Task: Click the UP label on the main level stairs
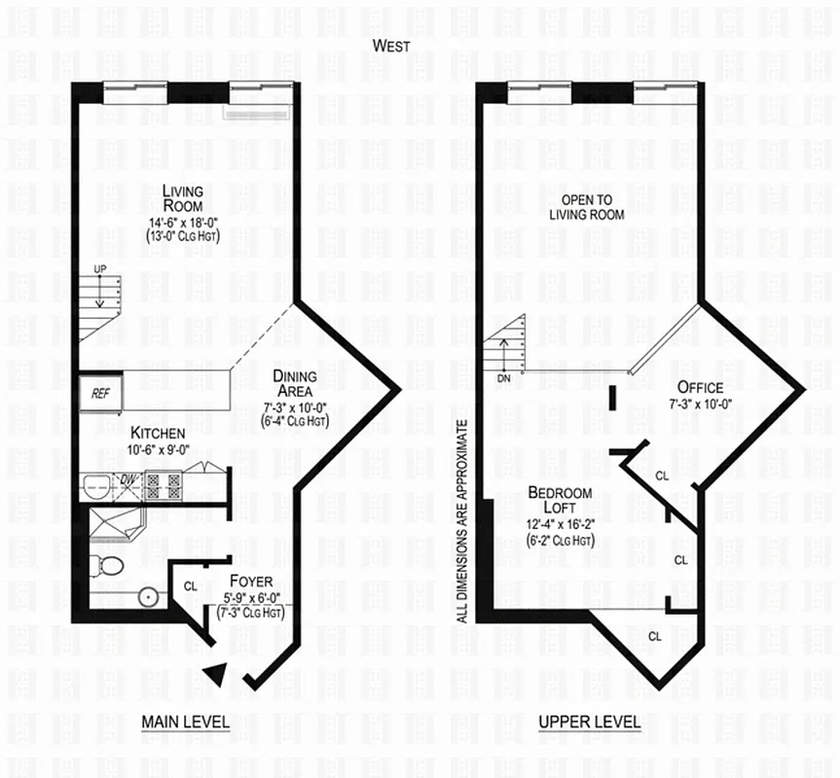(99, 267)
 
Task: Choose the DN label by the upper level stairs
(504, 378)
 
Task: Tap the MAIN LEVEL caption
(185, 723)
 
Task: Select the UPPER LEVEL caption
(590, 723)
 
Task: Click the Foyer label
(251, 583)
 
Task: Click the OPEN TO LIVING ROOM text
(586, 207)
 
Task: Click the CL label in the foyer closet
(191, 586)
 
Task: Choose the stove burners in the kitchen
(160, 484)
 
